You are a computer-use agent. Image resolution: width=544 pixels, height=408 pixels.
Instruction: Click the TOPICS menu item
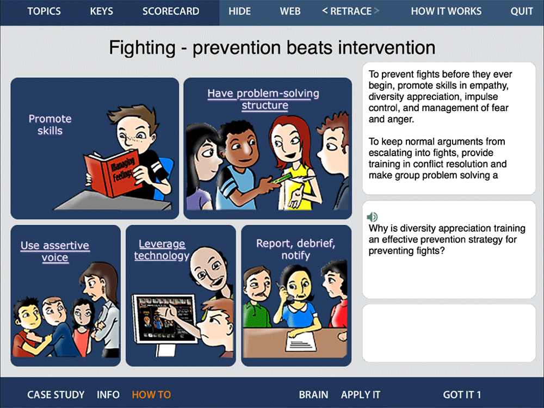click(44, 11)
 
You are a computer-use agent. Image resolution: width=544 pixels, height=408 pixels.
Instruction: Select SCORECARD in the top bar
click(171, 11)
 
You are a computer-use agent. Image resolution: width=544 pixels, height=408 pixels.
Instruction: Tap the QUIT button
click(522, 11)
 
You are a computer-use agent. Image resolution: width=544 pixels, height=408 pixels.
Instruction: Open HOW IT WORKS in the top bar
click(446, 11)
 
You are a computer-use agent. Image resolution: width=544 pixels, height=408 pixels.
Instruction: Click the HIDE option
click(239, 11)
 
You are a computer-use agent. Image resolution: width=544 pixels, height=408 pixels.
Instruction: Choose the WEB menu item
click(290, 11)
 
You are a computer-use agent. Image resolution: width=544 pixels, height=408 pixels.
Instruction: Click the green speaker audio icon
click(372, 217)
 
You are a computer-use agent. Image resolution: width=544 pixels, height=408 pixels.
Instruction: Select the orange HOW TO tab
click(151, 395)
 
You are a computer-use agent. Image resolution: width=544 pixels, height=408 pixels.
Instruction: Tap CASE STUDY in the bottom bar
click(56, 395)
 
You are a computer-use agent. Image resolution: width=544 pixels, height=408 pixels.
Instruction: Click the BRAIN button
click(314, 395)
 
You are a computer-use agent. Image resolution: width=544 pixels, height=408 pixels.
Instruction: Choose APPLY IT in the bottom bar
click(361, 395)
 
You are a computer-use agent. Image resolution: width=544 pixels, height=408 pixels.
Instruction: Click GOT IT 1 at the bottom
click(462, 395)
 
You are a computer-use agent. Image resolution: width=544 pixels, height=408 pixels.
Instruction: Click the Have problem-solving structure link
click(263, 99)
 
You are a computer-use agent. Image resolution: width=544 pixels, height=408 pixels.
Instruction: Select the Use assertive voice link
click(55, 251)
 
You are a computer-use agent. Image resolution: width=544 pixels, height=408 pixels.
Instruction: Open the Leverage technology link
click(162, 250)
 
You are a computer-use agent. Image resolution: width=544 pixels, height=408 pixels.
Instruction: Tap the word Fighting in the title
click(142, 48)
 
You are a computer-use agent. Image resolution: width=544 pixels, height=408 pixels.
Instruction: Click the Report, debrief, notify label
click(295, 249)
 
